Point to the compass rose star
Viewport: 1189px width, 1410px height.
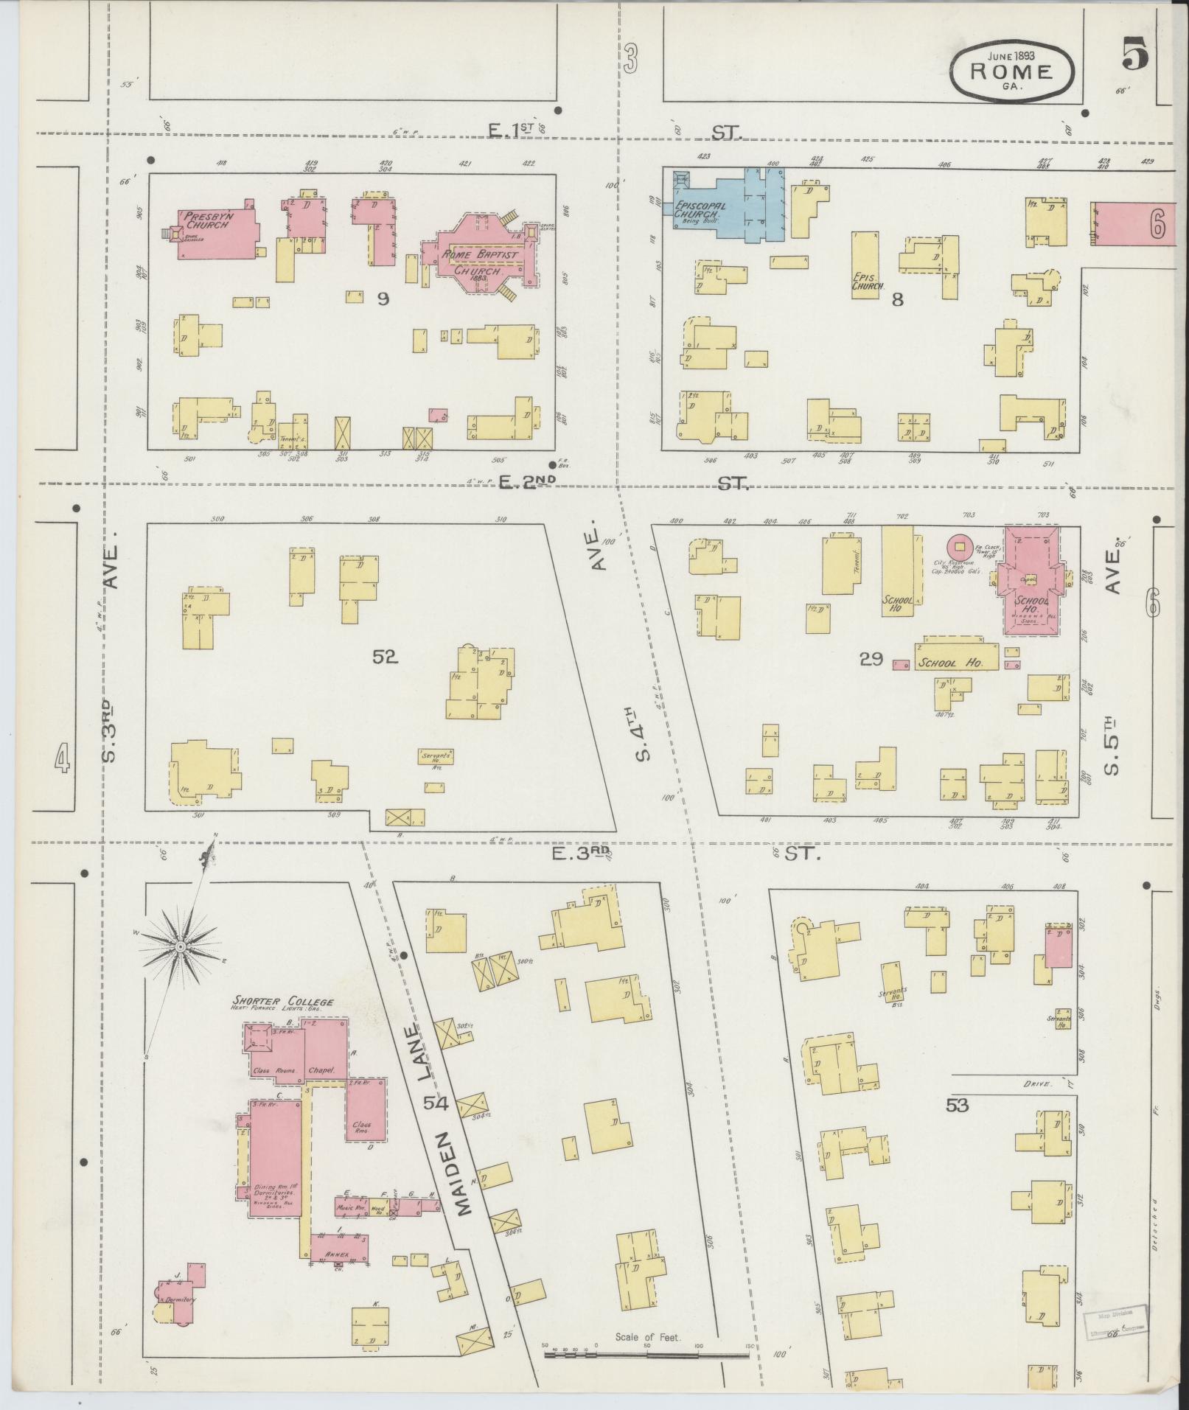180,945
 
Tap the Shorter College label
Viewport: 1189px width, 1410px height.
284,1002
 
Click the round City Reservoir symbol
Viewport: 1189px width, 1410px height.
959,546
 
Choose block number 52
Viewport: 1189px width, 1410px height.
385,656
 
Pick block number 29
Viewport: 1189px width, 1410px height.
871,658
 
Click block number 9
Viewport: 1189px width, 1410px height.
382,299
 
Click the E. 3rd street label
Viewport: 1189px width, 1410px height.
581,853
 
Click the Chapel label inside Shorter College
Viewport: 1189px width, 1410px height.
324,1069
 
